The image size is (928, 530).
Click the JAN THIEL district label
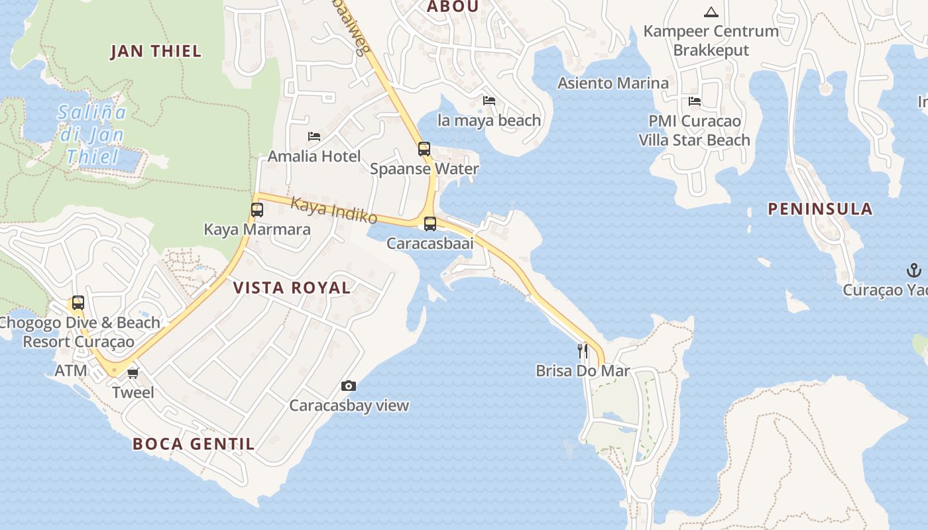click(156, 52)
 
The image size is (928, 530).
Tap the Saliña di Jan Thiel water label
click(92, 134)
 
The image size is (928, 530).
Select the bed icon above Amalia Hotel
click(314, 136)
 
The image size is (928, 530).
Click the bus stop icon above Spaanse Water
click(424, 149)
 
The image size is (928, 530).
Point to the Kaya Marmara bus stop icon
click(257, 210)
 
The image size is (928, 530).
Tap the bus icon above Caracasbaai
click(430, 224)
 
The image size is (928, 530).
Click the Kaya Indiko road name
click(334, 211)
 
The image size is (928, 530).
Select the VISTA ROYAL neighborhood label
click(292, 288)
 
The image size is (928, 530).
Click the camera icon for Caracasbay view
click(349, 386)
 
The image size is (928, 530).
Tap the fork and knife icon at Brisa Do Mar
click(583, 350)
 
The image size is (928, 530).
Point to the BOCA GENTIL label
click(194, 444)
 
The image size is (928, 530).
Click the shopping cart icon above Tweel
click(133, 373)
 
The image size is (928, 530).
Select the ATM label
click(71, 370)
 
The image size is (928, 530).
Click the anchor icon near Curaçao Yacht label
click(914, 270)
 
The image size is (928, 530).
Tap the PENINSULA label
click(820, 209)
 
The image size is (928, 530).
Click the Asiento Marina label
click(613, 83)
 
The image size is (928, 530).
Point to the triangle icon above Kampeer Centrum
click(711, 12)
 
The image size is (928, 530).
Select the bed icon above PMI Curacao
click(695, 101)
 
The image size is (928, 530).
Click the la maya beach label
click(489, 121)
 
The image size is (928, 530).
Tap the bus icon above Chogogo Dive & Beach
click(78, 303)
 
